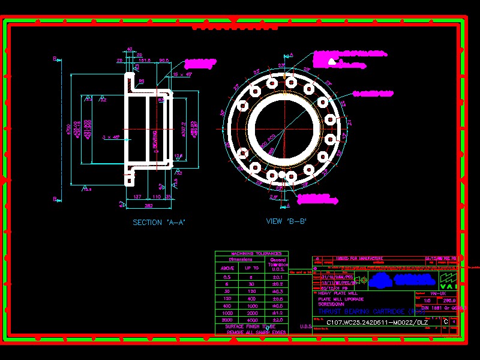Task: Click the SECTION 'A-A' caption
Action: (x=159, y=223)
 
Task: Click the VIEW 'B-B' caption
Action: (x=287, y=221)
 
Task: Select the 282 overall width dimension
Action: (x=148, y=206)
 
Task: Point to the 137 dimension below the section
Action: (x=137, y=197)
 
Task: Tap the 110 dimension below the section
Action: (x=155, y=197)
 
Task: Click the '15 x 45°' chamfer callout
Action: (x=182, y=74)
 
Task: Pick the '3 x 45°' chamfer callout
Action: (x=111, y=137)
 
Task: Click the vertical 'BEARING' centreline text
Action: (x=155, y=142)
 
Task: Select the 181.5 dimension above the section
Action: (x=145, y=61)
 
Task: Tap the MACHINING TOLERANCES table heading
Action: (x=251, y=254)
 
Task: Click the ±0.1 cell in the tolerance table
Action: (x=277, y=277)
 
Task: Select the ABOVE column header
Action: (x=228, y=268)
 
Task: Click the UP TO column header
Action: (x=252, y=268)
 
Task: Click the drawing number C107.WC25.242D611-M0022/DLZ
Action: (x=377, y=322)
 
